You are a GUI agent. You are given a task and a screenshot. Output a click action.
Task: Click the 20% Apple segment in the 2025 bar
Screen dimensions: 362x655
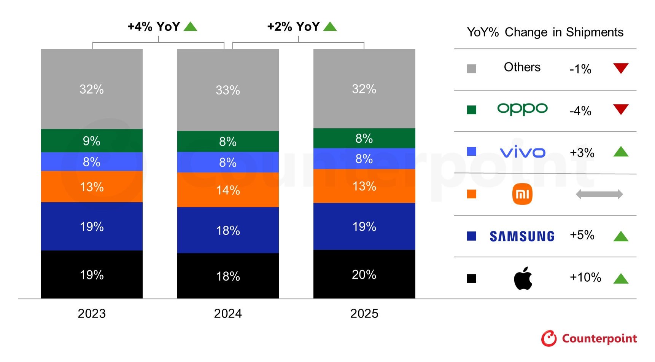click(x=364, y=274)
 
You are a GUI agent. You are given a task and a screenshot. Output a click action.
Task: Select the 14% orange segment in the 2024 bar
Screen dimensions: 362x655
click(x=228, y=190)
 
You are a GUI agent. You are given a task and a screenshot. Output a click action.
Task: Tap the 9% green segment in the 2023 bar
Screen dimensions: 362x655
click(x=92, y=140)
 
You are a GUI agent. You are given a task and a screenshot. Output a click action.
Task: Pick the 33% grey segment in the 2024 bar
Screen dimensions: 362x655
click(x=228, y=90)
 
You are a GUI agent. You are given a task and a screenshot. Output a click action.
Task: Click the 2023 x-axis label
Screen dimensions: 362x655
click(x=92, y=313)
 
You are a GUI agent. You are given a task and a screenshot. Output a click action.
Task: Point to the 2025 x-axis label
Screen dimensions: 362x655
click(x=364, y=313)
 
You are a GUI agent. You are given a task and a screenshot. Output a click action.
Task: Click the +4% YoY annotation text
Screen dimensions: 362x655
click(x=154, y=27)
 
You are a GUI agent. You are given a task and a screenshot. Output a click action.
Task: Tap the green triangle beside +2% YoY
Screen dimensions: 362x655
click(x=330, y=27)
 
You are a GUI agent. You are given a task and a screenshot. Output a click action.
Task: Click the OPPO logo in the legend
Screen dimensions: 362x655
click(x=522, y=109)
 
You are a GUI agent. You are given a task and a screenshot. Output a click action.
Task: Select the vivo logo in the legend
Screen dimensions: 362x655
click(x=522, y=152)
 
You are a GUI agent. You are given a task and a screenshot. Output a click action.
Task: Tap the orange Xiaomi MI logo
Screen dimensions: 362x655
click(x=522, y=194)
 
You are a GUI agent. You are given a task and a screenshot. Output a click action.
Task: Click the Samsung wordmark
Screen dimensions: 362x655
click(x=522, y=236)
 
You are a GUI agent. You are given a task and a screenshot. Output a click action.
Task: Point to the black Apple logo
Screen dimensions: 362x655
click(x=523, y=278)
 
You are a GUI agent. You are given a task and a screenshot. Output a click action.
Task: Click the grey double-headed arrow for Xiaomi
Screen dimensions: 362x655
click(x=599, y=194)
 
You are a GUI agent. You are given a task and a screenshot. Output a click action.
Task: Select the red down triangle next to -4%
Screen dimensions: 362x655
click(x=621, y=109)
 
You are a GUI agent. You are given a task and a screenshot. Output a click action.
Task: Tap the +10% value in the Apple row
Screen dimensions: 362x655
click(x=585, y=277)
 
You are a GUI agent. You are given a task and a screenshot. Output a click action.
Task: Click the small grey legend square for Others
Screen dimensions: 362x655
click(x=472, y=69)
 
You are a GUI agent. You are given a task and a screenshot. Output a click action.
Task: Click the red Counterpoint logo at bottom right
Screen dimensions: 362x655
click(x=589, y=338)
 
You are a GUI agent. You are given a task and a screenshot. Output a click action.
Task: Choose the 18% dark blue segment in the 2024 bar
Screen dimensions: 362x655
click(x=228, y=230)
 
